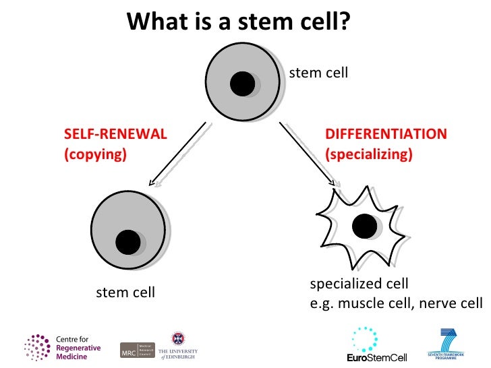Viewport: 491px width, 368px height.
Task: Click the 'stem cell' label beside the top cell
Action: click(x=318, y=73)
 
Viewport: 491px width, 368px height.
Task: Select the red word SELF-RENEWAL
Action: click(x=115, y=133)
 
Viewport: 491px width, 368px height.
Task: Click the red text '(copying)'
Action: click(x=95, y=154)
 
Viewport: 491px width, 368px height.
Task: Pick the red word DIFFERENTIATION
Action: click(x=386, y=133)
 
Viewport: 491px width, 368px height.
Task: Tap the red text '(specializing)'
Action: click(x=368, y=154)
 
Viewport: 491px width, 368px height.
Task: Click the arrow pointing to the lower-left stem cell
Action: click(x=179, y=154)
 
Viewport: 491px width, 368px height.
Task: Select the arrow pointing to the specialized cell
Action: click(x=308, y=154)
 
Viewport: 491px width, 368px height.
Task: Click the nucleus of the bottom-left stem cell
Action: click(x=127, y=241)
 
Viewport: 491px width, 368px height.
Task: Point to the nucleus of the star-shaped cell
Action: click(x=365, y=225)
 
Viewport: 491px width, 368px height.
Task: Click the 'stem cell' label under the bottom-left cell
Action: click(x=125, y=293)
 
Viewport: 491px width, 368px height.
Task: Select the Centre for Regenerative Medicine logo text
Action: click(x=78, y=347)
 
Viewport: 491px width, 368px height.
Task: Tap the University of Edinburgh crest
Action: click(x=178, y=338)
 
